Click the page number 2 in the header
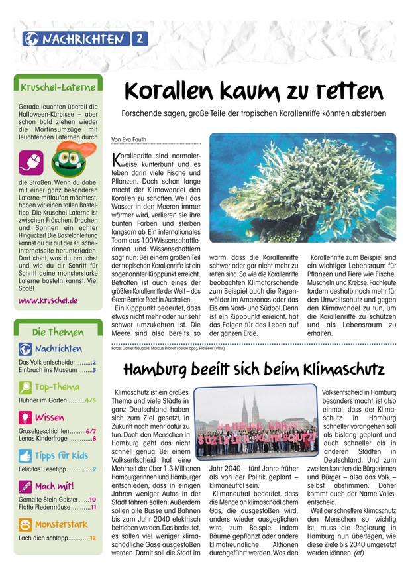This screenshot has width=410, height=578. [140, 39]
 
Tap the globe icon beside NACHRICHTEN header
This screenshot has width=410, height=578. [30, 39]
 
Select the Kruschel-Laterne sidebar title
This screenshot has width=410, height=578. [58, 87]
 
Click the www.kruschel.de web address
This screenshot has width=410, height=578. [48, 300]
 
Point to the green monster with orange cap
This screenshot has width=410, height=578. [66, 159]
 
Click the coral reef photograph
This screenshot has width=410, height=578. [303, 188]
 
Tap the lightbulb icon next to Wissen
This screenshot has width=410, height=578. [25, 418]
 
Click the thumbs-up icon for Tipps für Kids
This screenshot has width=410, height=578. [25, 455]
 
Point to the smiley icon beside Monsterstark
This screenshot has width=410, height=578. [25, 525]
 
